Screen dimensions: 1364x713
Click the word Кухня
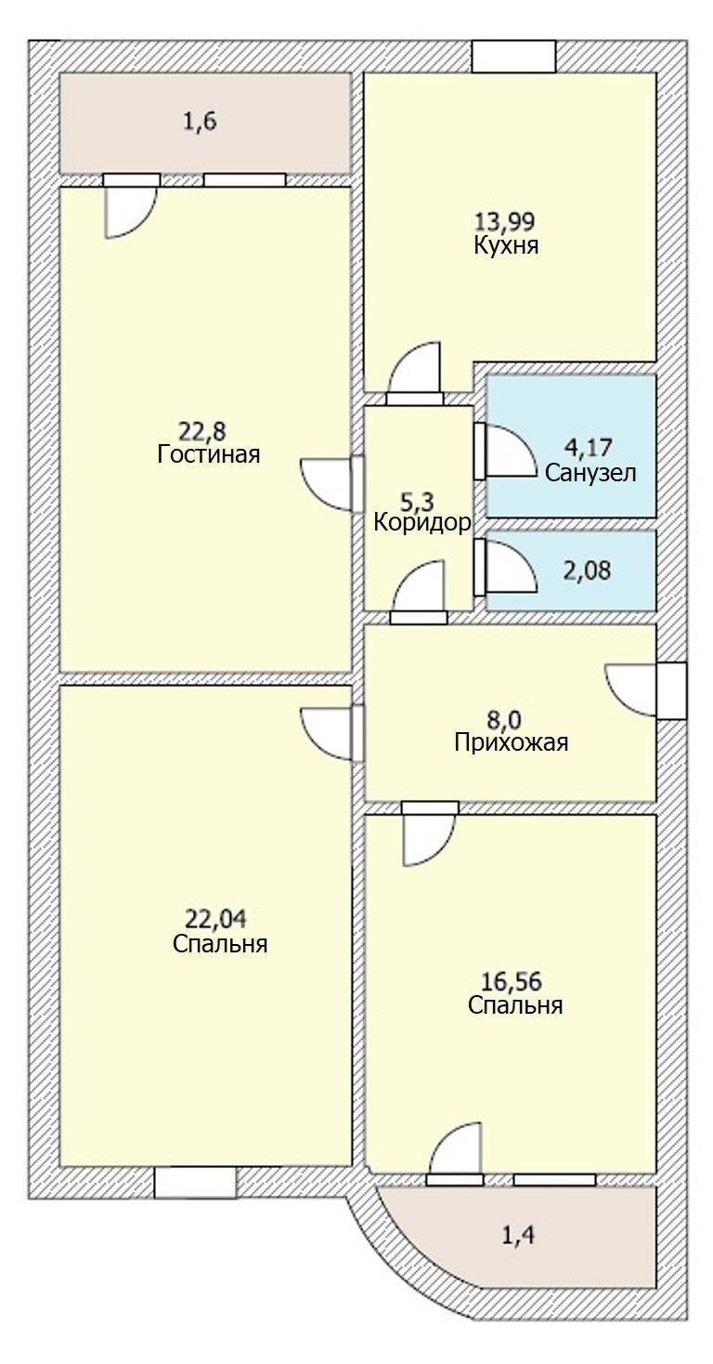pyautogui.click(x=506, y=246)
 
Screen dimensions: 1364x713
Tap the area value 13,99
pyautogui.click(x=506, y=222)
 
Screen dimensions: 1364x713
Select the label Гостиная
pyautogui.click(x=208, y=454)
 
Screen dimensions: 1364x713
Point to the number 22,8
pyautogui.click(x=202, y=430)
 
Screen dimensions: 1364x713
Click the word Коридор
pyautogui.click(x=421, y=522)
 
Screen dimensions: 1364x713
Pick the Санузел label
pyautogui.click(x=590, y=473)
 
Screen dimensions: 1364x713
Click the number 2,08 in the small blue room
pyautogui.click(x=588, y=570)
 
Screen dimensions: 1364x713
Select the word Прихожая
pyautogui.click(x=511, y=742)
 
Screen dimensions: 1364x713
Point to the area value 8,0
pyautogui.click(x=510, y=719)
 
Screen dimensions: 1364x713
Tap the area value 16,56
pyautogui.click(x=512, y=981)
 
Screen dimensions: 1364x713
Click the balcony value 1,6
pyautogui.click(x=201, y=123)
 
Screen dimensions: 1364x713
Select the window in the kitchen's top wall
pyautogui.click(x=513, y=57)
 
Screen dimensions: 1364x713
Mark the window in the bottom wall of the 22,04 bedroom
pyautogui.click(x=195, y=1183)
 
